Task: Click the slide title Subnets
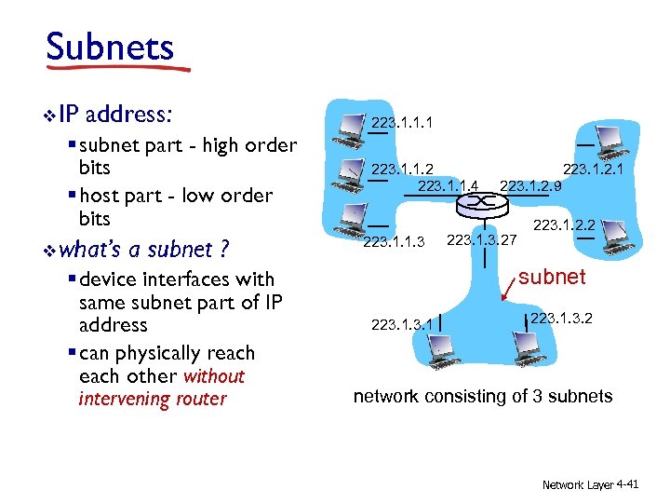tap(109, 46)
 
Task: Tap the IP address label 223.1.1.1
tap(401, 122)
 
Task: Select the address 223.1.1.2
tap(401, 170)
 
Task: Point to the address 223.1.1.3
tap(393, 243)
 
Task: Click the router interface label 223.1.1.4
tap(449, 186)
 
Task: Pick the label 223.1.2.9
tap(530, 186)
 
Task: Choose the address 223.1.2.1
tap(592, 170)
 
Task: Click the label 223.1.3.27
tap(481, 241)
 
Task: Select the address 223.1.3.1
tap(402, 325)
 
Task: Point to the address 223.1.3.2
tap(561, 319)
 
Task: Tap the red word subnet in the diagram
tap(552, 277)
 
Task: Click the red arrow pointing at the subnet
tap(511, 291)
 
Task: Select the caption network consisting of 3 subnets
tap(483, 397)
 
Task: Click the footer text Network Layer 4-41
tap(591, 485)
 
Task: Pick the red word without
tap(214, 376)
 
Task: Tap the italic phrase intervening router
tap(153, 400)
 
